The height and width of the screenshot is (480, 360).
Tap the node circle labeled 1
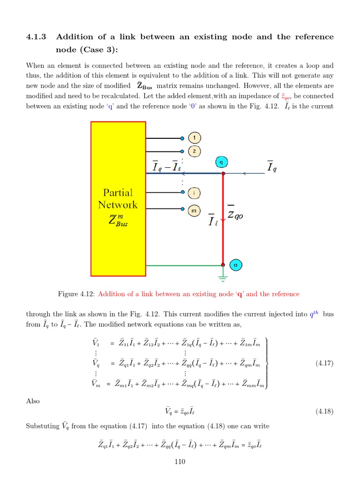point(195,138)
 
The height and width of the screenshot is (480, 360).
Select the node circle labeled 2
point(195,151)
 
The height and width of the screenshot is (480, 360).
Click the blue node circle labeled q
point(222,162)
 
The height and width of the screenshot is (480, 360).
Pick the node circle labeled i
point(194,193)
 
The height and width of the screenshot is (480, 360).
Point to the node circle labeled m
point(194,211)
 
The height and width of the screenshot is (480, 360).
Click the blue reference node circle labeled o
point(235,265)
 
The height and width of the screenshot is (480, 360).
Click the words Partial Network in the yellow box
point(118,199)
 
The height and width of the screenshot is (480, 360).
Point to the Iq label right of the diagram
point(271,166)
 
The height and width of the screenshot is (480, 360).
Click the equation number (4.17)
point(324,363)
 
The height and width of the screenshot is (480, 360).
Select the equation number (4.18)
point(324,412)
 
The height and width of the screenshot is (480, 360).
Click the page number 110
point(180,462)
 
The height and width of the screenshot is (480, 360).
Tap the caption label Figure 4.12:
point(76,294)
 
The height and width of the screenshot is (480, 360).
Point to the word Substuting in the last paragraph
point(43,426)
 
